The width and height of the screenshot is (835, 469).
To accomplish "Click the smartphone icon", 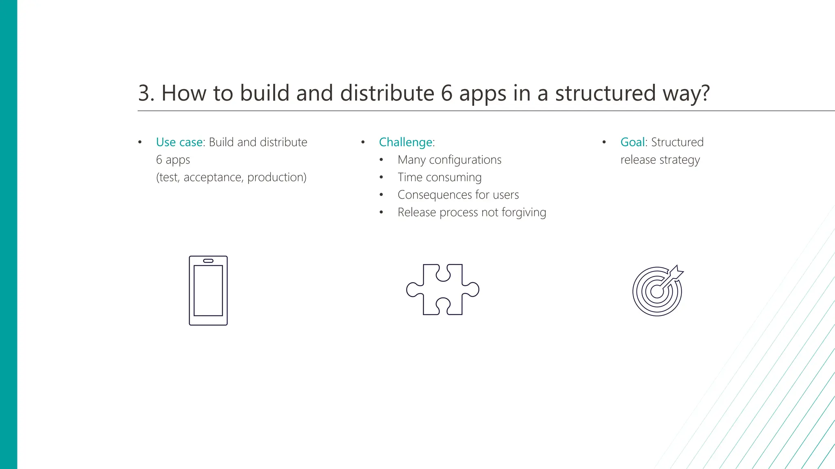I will [x=208, y=291].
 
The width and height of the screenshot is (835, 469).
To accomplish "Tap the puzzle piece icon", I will [x=443, y=289].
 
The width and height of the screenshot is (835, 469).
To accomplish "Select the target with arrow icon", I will [x=657, y=291].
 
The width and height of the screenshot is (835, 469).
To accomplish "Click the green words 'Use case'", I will [x=179, y=142].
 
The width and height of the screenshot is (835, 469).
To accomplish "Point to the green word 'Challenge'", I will [x=405, y=142].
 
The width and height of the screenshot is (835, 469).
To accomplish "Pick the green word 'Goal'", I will [x=632, y=142].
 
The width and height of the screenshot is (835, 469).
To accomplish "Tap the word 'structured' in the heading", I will [x=605, y=93].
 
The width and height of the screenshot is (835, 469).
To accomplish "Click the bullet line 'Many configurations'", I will [x=449, y=160].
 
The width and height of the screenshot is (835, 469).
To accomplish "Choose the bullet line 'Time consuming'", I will [x=440, y=177].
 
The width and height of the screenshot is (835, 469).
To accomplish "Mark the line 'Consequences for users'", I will [x=458, y=195].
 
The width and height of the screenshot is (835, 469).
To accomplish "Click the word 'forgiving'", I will [x=524, y=213].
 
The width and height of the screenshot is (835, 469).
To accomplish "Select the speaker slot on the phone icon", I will [x=208, y=261].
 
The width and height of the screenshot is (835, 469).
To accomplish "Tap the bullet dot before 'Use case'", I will [x=140, y=142].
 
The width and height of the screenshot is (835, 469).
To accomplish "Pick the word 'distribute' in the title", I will [x=387, y=93].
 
